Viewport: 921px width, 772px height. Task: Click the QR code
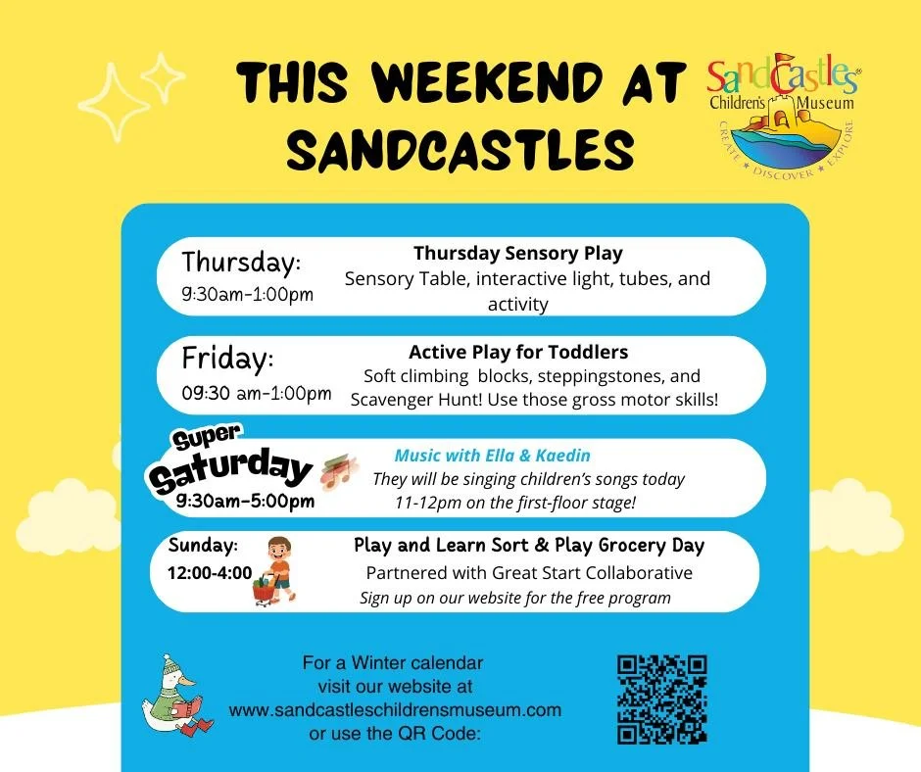click(x=661, y=700)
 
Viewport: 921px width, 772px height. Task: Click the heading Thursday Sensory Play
click(x=517, y=253)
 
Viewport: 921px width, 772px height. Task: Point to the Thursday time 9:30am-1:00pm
click(x=248, y=294)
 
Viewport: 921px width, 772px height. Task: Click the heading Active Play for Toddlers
click(x=517, y=352)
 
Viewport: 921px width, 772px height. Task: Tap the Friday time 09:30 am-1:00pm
click(x=257, y=394)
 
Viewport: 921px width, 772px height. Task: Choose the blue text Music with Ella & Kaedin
click(x=492, y=456)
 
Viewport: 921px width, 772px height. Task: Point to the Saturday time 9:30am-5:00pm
click(x=246, y=502)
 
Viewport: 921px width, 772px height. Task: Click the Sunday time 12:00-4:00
click(x=210, y=572)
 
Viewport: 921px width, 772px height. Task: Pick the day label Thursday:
click(x=241, y=263)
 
